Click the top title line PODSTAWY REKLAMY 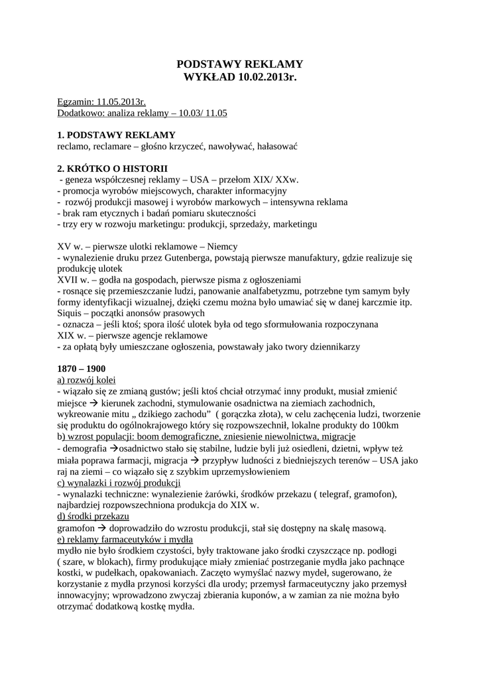(x=239, y=64)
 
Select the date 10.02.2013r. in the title (x=264, y=78)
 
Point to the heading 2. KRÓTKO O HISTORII (x=113, y=168)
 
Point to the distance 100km (x=385, y=424)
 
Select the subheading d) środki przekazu (x=93, y=516)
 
